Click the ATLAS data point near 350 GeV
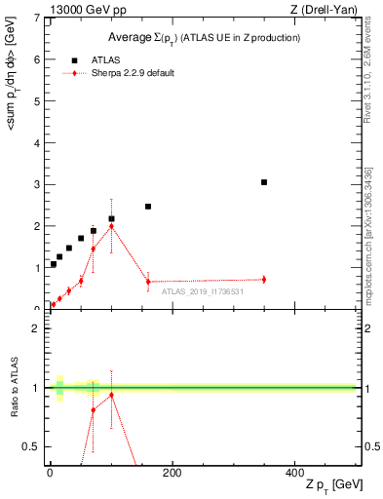point(264,182)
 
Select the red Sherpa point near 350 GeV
point(264,280)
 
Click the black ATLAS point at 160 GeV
point(148,207)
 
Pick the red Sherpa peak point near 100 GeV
point(112,226)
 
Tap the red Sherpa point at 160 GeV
point(148,282)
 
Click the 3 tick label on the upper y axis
point(35,184)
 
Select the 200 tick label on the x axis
point(172,473)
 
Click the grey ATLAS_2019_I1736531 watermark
point(202,291)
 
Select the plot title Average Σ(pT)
point(203,37)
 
